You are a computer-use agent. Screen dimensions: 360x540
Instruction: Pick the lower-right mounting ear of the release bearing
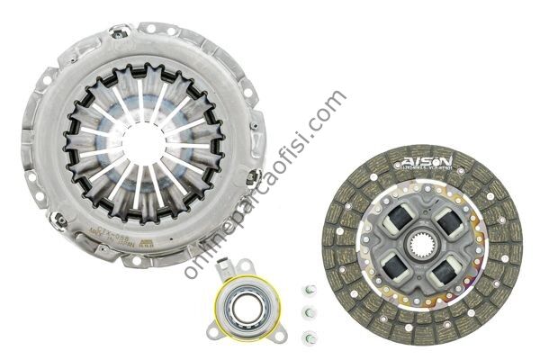click(280, 335)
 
